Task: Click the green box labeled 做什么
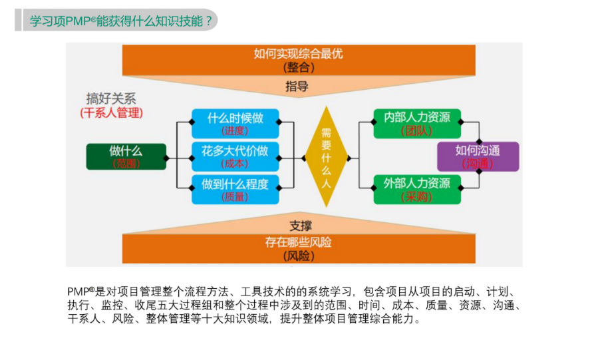point(126,156)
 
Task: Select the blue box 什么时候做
point(235,123)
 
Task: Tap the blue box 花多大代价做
point(235,156)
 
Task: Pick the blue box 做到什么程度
point(235,189)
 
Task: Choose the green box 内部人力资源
point(416,123)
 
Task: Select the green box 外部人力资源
point(416,188)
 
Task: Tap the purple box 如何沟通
point(478,156)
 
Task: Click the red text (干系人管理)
point(111,112)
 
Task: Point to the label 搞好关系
point(110,98)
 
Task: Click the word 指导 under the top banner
point(297,86)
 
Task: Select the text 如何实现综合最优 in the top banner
point(298,53)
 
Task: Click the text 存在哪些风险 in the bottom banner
point(299,242)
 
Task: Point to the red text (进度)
point(235,130)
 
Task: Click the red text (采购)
point(416,196)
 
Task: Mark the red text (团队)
point(416,131)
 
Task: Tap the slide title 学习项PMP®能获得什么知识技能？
point(122,20)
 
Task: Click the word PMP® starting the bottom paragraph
point(82,291)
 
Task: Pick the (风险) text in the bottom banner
point(299,256)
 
